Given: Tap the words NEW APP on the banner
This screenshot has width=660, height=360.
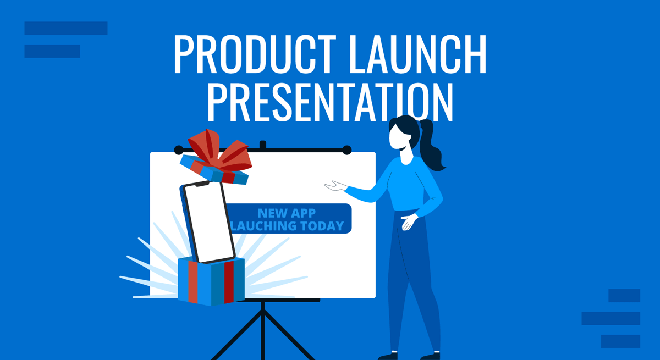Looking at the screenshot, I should tap(288, 213).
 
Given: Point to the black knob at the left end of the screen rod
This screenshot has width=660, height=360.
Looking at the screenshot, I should tap(178, 149).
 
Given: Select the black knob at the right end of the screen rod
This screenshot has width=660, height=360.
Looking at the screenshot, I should tap(346, 149).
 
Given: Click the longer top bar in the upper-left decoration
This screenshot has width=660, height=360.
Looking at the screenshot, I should tap(66, 28).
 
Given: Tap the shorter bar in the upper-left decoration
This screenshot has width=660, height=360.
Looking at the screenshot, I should tap(52, 51).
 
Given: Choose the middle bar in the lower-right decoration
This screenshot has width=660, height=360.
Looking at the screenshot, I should tap(610, 318).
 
